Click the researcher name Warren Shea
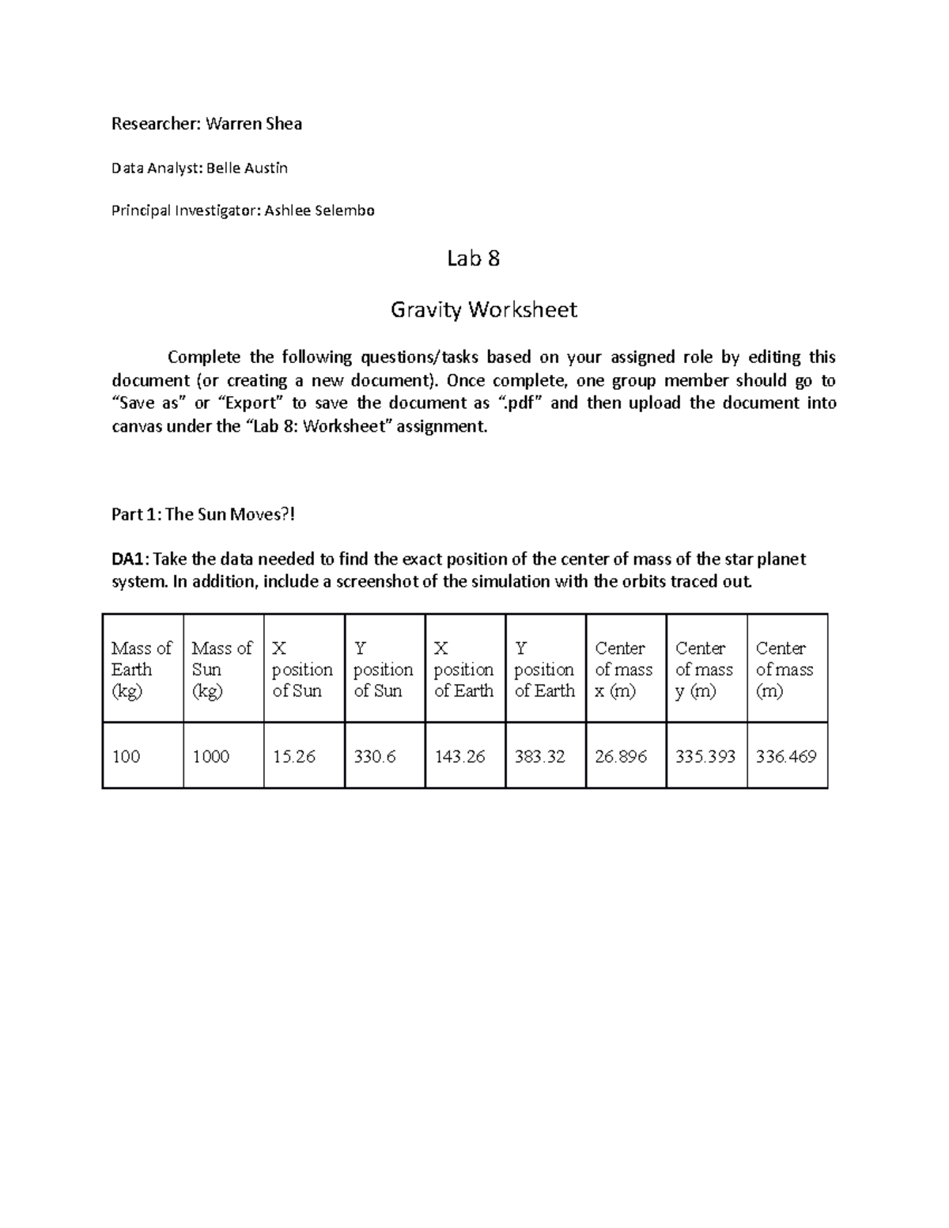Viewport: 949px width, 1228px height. [x=253, y=123]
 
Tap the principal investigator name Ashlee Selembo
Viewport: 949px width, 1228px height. [x=319, y=210]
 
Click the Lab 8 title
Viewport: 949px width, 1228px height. [x=473, y=259]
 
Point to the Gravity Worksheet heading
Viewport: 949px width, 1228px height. [x=483, y=309]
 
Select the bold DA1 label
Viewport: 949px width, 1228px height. [x=128, y=560]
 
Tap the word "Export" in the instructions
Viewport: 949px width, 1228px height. [x=249, y=403]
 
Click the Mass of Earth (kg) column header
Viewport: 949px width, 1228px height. [x=142, y=669]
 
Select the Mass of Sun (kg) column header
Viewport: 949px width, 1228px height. [x=222, y=669]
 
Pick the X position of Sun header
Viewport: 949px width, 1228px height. [x=302, y=669]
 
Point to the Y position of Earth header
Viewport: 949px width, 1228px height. [x=544, y=669]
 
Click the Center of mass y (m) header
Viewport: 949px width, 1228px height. [x=704, y=669]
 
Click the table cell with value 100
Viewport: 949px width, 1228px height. [x=127, y=757]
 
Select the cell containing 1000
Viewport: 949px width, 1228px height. [x=211, y=757]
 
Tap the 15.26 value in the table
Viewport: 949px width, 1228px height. [x=294, y=757]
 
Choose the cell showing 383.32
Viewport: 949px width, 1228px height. [x=539, y=757]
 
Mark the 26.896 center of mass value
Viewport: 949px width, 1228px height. [x=621, y=757]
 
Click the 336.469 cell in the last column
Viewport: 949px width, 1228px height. [x=785, y=757]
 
